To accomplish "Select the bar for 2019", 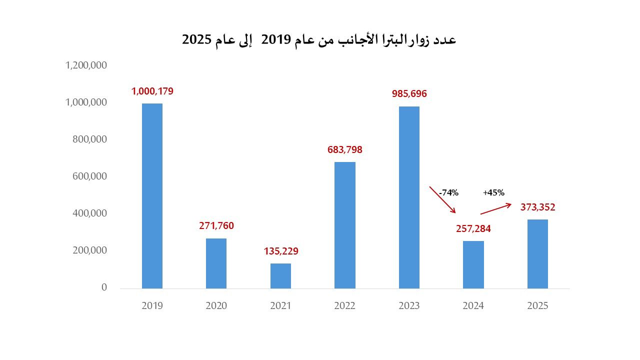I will coord(152,196).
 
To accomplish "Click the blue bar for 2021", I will coord(280,276).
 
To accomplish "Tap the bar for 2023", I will coord(409,197).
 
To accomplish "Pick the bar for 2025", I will coord(537,254).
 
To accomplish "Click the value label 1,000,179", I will coord(152,91).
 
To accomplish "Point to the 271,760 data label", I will coord(216,226).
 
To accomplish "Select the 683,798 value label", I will coord(345,149).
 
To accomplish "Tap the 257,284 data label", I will coord(473,229).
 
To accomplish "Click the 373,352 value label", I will coord(537,207).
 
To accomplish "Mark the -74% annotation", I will coord(448,193).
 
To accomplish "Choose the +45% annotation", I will coord(493,192).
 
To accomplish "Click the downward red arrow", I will coord(442,200).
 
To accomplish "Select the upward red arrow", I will coord(496,209).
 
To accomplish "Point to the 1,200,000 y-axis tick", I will coord(86,65).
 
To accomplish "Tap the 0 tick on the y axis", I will coord(104,287).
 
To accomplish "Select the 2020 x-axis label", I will coord(216,305).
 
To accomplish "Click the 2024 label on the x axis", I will coord(473,305).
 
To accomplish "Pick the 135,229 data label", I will coord(281,251).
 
